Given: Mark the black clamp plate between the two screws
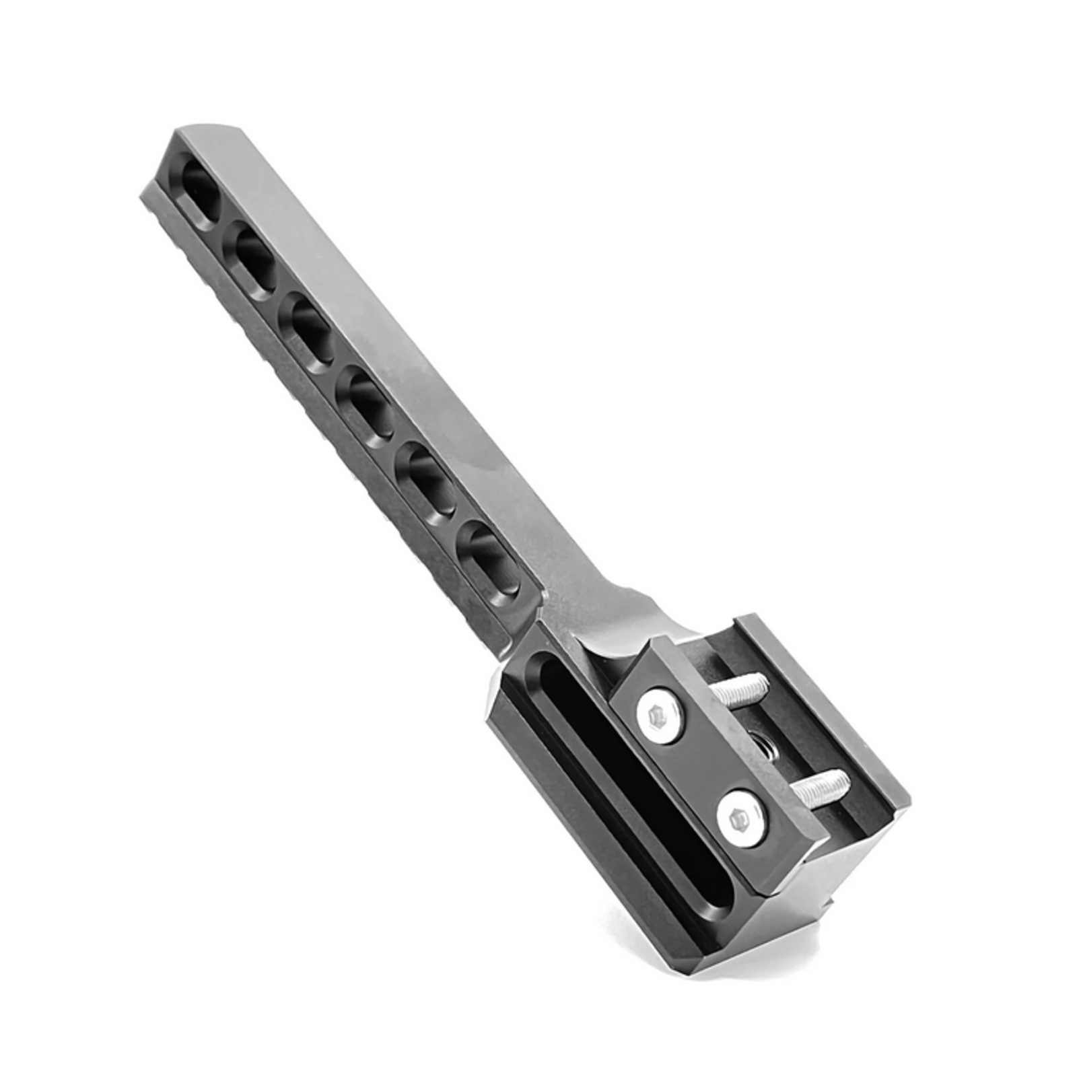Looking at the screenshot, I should [x=700, y=767].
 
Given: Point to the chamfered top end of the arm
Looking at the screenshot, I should [x=209, y=132].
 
